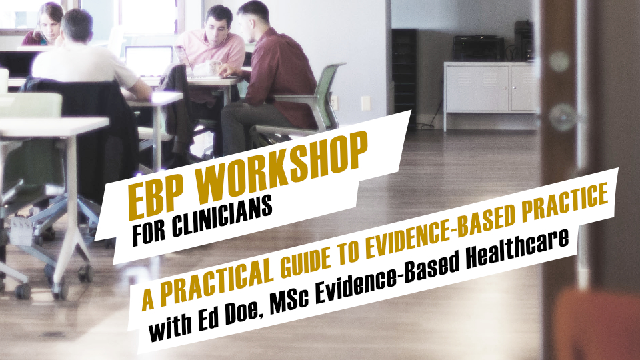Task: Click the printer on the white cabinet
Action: pos(479,49)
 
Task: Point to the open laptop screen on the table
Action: pos(149,61)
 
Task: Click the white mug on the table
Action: pos(213,67)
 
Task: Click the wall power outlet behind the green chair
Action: pos(334,103)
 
